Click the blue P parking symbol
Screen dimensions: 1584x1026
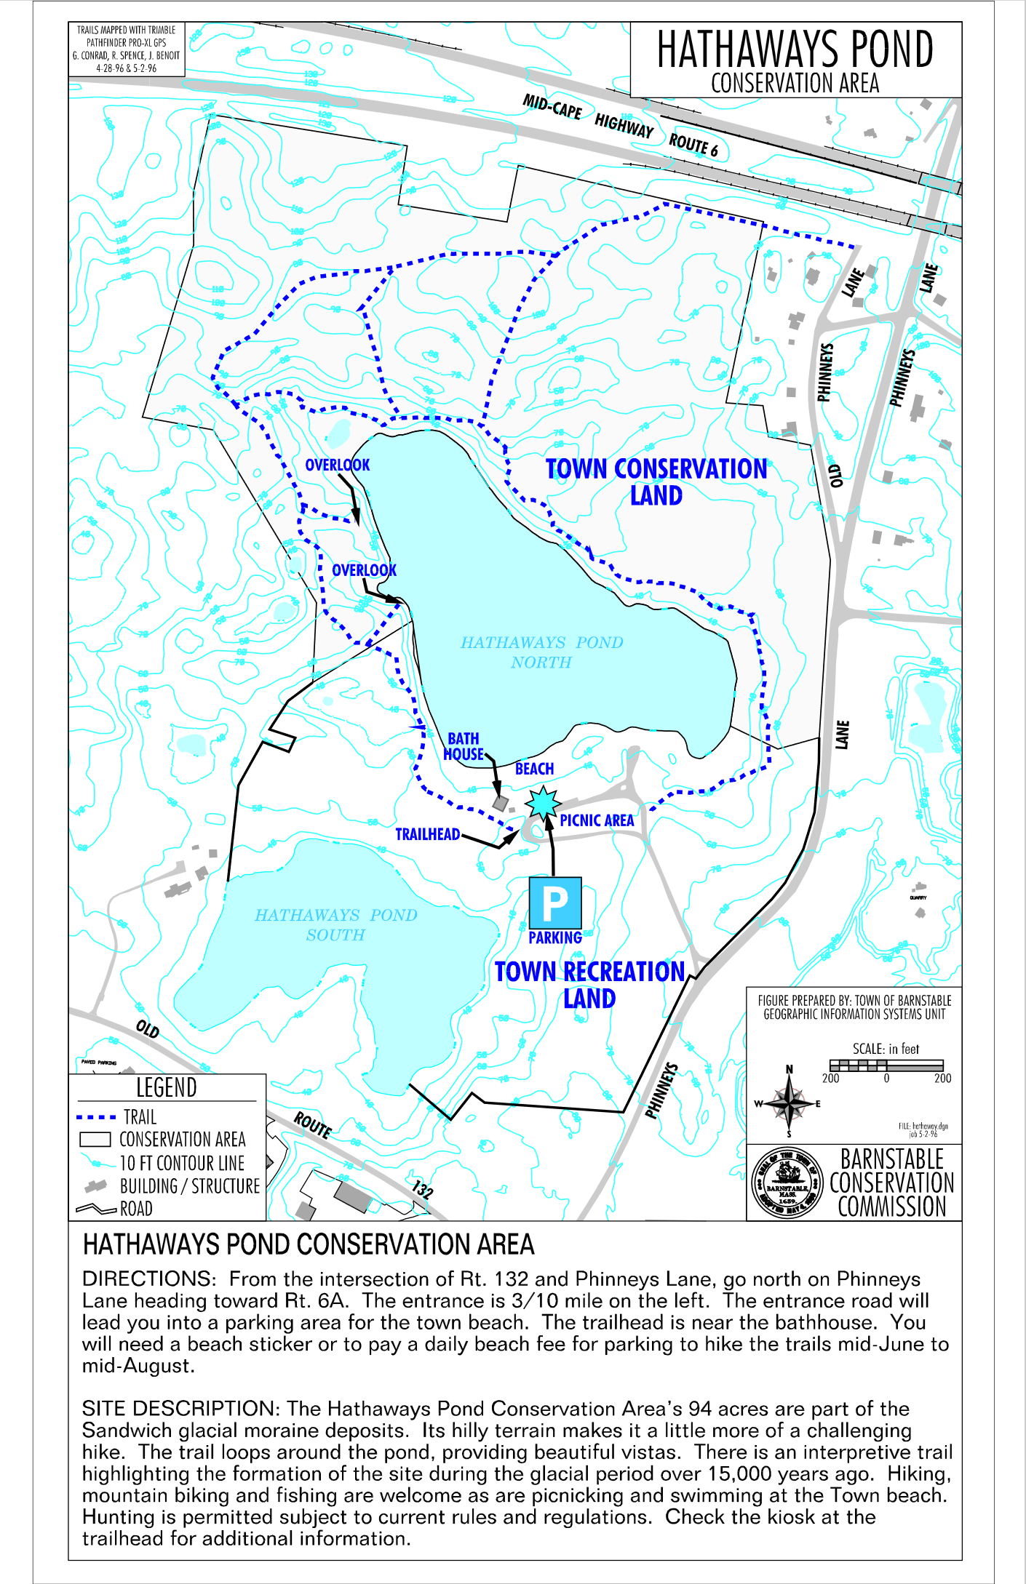554,903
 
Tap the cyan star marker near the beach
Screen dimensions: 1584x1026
543,803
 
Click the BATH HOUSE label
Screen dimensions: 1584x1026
464,747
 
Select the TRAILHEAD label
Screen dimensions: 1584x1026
427,834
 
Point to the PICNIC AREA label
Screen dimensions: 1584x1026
597,820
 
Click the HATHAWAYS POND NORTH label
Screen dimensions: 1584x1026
541,652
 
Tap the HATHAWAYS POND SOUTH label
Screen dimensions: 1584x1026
335,924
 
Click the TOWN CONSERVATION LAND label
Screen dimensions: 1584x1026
656,481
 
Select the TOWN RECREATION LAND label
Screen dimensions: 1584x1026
589,985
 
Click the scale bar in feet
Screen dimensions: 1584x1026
886,1065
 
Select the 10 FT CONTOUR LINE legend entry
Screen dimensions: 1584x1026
182,1163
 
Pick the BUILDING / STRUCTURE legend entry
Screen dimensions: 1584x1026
189,1186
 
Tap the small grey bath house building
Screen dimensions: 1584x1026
500,803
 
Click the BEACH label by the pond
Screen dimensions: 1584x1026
534,769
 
